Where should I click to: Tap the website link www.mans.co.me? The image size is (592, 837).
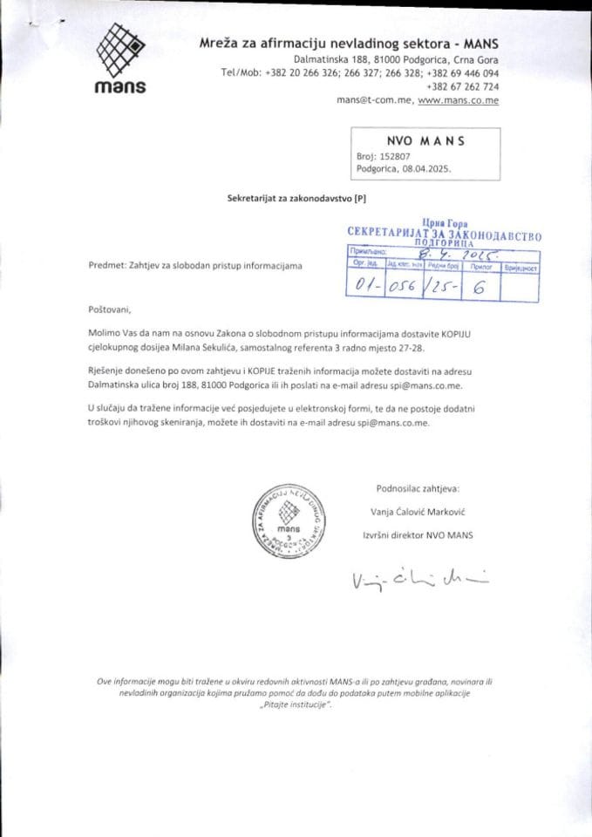(x=459, y=101)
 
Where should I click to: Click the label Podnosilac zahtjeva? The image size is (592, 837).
(x=417, y=488)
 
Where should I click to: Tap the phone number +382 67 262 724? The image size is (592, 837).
(x=463, y=87)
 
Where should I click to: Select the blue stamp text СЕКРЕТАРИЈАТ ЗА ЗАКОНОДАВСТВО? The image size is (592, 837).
(x=444, y=235)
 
